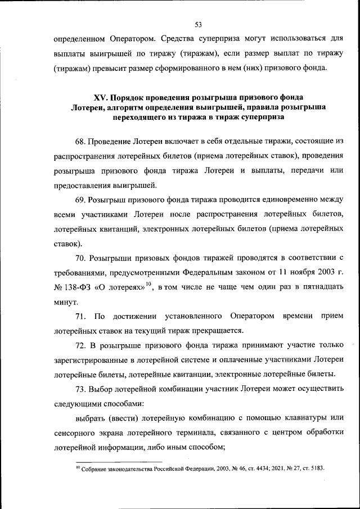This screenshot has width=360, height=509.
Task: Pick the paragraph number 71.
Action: pos(80,316)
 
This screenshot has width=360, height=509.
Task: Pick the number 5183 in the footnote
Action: pos(316,468)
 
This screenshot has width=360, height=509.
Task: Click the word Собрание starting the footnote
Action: pos(96,468)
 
